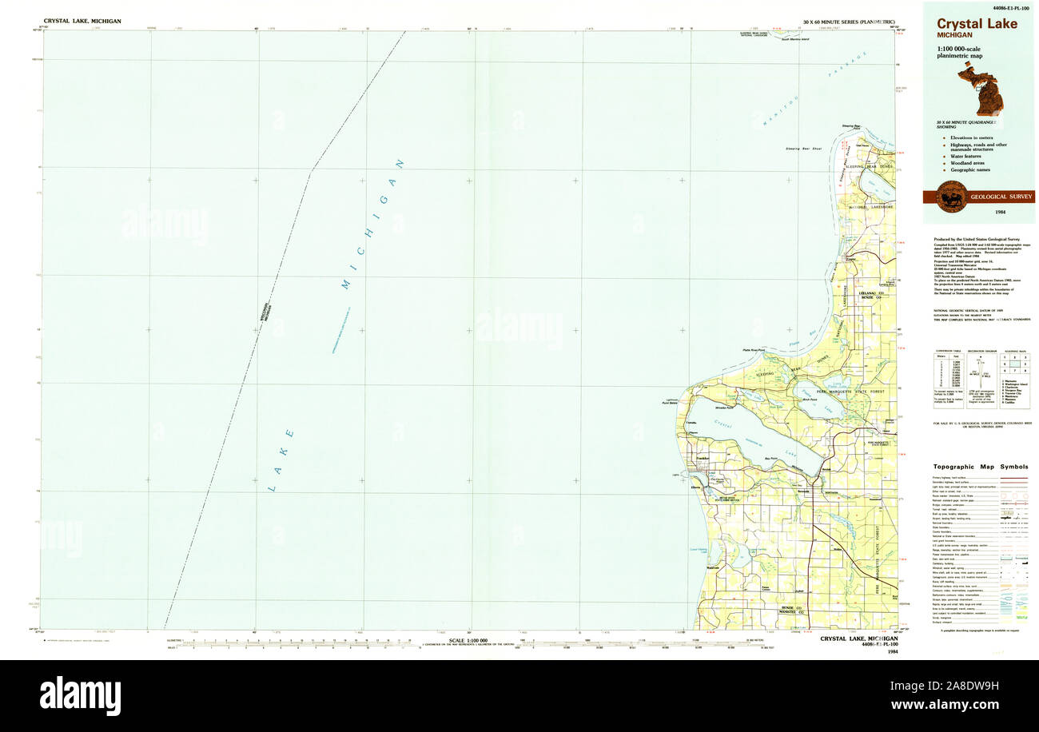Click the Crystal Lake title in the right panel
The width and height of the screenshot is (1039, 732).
(x=977, y=24)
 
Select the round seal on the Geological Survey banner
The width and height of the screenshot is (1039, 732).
(x=951, y=197)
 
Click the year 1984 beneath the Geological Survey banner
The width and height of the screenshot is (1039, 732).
(x=1000, y=212)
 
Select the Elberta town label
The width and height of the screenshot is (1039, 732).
(x=696, y=487)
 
